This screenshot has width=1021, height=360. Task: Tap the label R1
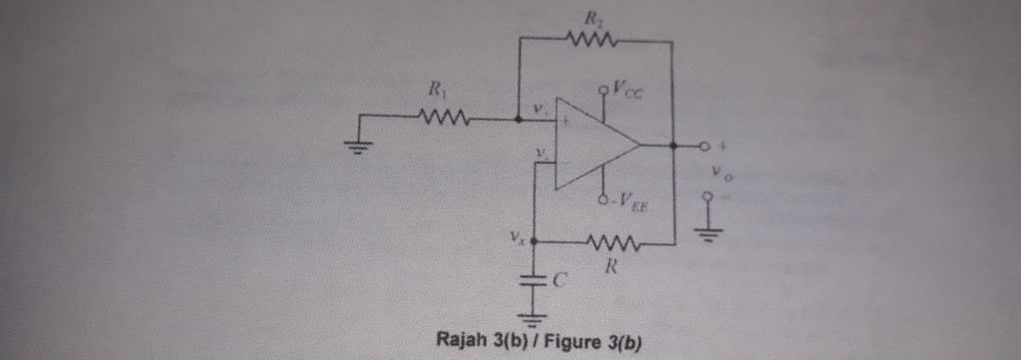436,92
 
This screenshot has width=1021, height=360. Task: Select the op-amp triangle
594,146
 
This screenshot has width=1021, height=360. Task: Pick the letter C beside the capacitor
560,282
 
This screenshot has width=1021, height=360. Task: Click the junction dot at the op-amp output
675,146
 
